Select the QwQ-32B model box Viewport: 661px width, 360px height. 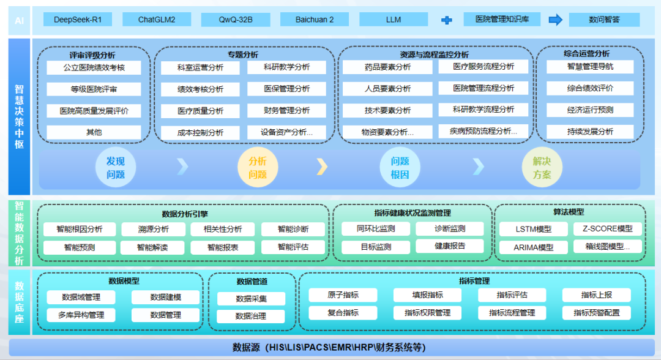pos(236,20)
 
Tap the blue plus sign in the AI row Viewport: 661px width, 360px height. pos(447,20)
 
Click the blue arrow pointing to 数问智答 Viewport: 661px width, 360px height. pos(555,20)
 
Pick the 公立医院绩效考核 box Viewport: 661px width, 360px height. pos(94,67)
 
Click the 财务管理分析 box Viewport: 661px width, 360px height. pos(286,111)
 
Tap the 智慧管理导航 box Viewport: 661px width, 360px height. pos(589,67)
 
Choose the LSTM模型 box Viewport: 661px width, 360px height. pos(525,229)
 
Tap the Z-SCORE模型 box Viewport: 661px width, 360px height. pos(608,228)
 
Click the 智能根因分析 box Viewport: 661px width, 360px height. pos(79,229)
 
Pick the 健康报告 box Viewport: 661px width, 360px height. pos(450,246)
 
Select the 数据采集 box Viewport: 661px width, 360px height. pos(251,299)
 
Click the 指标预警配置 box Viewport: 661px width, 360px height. pos(597,313)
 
